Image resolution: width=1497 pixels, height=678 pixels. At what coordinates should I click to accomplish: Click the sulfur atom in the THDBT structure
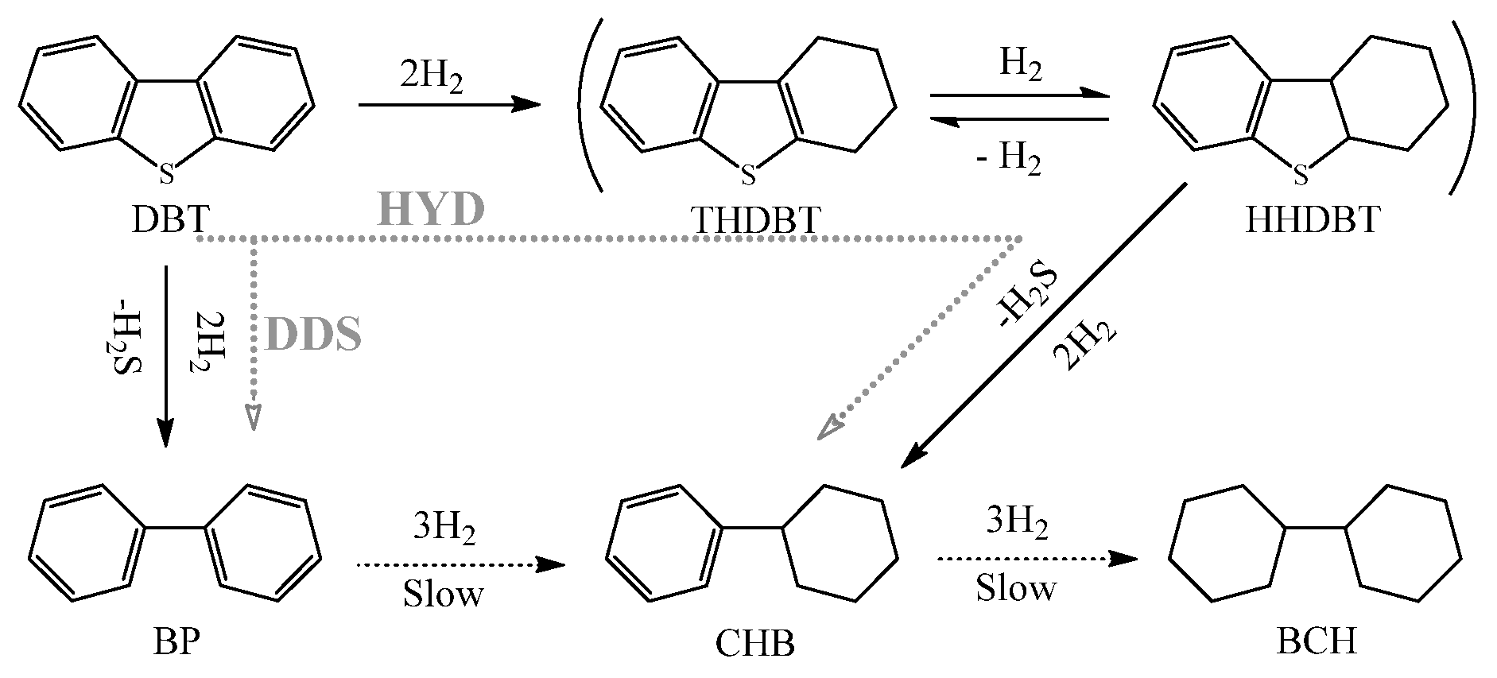(x=747, y=175)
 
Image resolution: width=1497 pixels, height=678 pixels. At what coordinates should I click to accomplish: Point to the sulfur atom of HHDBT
(x=1301, y=173)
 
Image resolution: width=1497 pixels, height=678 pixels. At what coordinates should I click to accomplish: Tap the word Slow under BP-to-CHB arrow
(x=442, y=595)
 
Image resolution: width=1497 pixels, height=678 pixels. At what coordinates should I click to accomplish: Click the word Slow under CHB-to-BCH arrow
(x=1016, y=589)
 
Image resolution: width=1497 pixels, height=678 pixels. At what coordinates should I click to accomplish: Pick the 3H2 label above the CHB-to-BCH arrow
(x=1018, y=523)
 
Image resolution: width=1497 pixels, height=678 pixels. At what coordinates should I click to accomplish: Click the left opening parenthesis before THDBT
(x=585, y=111)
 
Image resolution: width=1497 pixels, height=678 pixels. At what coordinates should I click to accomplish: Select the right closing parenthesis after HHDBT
(x=1463, y=111)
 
